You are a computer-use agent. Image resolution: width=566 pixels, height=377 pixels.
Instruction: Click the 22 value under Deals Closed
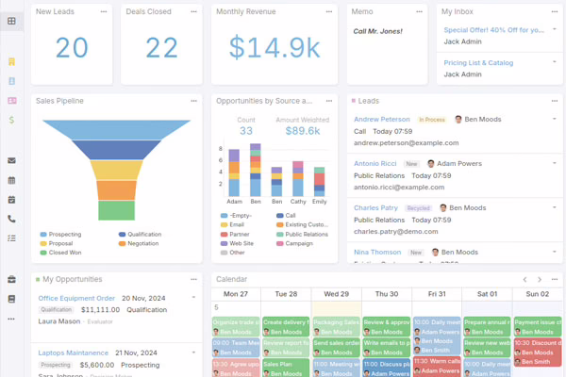coord(161,47)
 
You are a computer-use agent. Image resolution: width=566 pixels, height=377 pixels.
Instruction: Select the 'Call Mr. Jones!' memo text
coord(377,31)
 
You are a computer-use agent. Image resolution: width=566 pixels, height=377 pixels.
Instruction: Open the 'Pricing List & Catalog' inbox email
coord(478,62)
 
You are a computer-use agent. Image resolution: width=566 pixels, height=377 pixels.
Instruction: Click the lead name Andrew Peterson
coord(382,120)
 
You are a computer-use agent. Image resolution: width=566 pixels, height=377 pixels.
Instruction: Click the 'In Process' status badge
coord(432,120)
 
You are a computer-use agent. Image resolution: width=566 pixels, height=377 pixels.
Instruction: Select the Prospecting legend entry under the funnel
coord(64,234)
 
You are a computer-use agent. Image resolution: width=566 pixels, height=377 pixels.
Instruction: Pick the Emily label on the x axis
coord(320,201)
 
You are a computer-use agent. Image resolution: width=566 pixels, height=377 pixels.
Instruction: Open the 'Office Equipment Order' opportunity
coord(76,298)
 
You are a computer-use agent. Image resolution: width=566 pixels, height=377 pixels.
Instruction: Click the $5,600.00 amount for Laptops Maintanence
coord(97,365)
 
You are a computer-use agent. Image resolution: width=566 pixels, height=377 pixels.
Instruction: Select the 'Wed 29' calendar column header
coord(337,294)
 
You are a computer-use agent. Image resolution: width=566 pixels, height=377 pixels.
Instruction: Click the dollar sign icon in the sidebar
coord(11,120)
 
